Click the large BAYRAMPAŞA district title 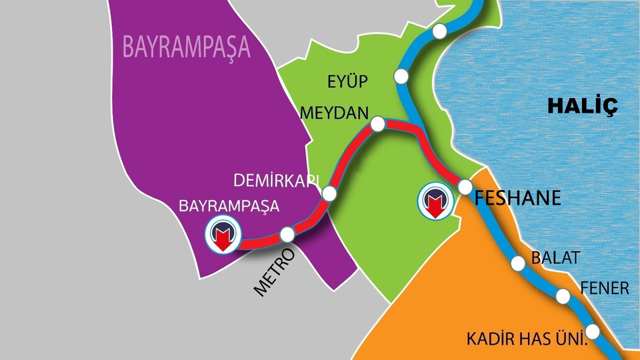pyautogui.click(x=186, y=47)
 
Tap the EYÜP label pyautogui.click(x=347, y=82)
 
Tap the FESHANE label pyautogui.click(x=518, y=199)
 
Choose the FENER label pyautogui.click(x=604, y=288)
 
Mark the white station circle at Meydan pyautogui.click(x=377, y=124)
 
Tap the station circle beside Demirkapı pyautogui.click(x=329, y=193)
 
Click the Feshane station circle pyautogui.click(x=465, y=187)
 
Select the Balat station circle pyautogui.click(x=518, y=263)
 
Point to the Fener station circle pyautogui.click(x=563, y=296)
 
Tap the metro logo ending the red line pyautogui.click(x=223, y=235)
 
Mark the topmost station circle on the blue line pyautogui.click(x=439, y=31)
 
